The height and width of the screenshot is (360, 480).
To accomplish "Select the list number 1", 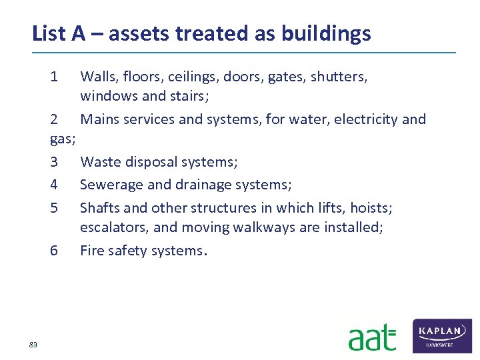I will click(x=54, y=77).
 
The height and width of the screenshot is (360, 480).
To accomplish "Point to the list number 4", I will click(x=54, y=184).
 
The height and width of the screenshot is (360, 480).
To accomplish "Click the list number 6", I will click(x=54, y=251).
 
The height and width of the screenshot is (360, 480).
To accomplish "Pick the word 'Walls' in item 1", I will click(x=98, y=77).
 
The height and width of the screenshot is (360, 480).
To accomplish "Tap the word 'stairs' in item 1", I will click(x=189, y=96).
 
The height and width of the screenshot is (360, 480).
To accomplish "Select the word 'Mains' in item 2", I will click(x=99, y=119).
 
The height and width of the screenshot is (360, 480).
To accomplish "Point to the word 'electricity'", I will click(x=365, y=119).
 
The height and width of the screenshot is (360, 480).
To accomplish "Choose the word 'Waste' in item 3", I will click(x=99, y=161).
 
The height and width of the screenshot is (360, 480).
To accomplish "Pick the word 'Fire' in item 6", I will click(x=93, y=251).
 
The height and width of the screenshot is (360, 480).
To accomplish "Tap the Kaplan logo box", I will click(x=442, y=335).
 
